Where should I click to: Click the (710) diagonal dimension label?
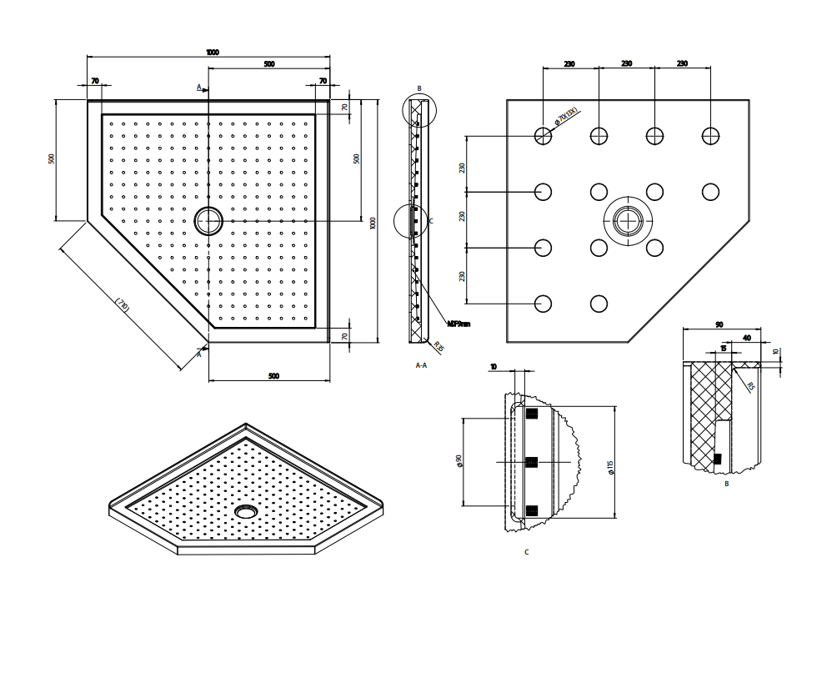pos(122,306)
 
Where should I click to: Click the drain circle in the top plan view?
pos(208,221)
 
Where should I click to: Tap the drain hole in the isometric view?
pos(245,511)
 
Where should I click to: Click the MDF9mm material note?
pos(459,324)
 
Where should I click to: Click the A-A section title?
pos(421,365)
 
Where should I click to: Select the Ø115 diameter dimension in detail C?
pos(611,468)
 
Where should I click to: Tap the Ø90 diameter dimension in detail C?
pos(459,461)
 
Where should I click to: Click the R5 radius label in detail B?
pos(750,386)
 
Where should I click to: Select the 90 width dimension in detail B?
pos(719,324)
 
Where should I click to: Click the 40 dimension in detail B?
pos(746,339)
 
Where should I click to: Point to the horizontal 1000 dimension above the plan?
pos(213,53)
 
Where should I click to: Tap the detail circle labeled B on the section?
pos(419,110)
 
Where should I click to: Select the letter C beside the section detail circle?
pos(431,221)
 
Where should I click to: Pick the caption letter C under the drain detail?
pos(526,552)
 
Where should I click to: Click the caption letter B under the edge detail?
pos(726,483)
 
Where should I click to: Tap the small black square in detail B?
pos(717,459)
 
